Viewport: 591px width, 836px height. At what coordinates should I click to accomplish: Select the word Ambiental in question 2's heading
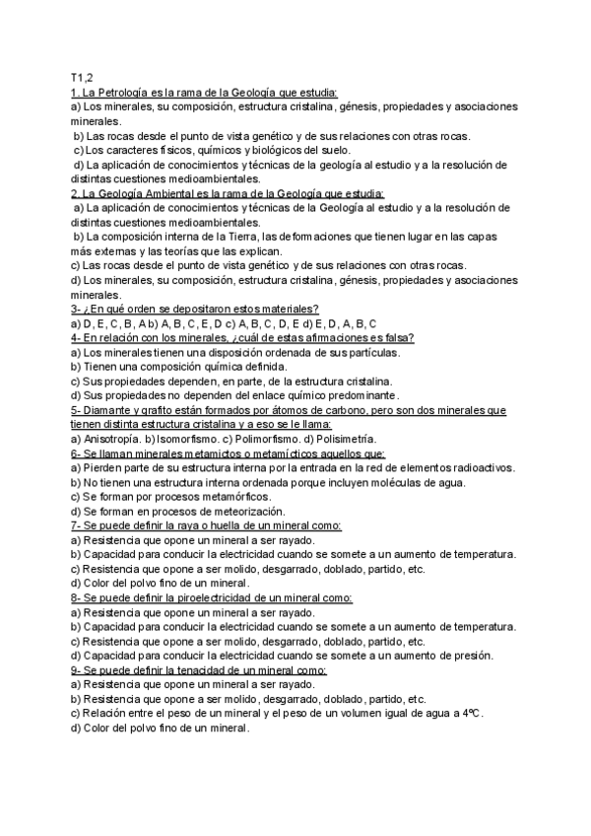pyautogui.click(x=172, y=194)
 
